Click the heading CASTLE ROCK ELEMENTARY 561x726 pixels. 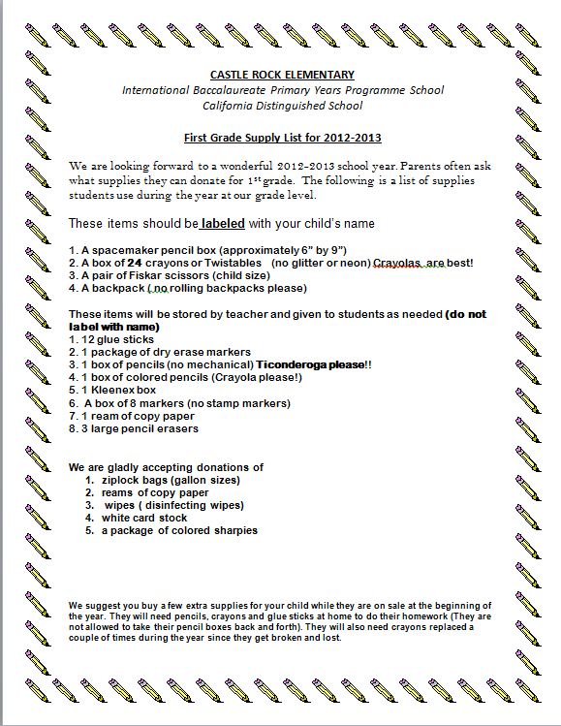[x=282, y=75]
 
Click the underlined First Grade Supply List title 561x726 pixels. [x=282, y=138]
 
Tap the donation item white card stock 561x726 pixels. [x=144, y=518]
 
